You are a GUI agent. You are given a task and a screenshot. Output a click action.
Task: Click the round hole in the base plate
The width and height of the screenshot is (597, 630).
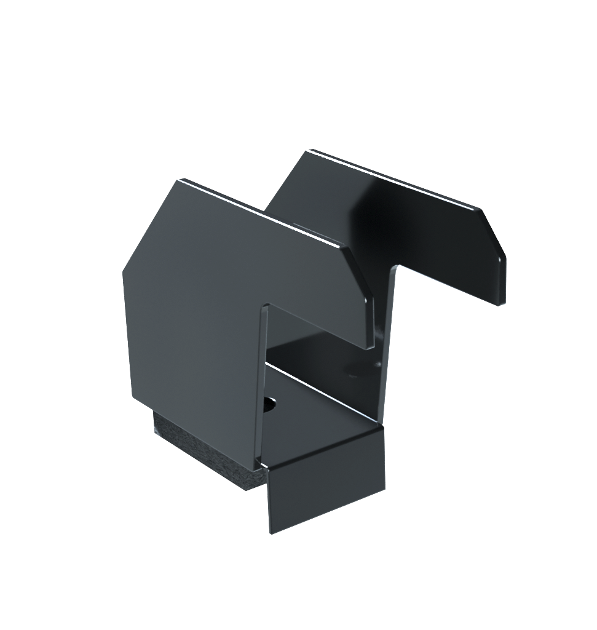(x=269, y=405)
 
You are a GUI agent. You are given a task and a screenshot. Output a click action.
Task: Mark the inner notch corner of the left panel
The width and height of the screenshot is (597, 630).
(x=267, y=305)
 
